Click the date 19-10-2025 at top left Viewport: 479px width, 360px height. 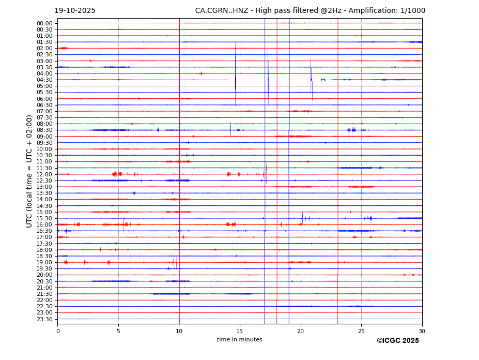click(75, 11)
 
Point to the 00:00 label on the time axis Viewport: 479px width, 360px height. click(44, 23)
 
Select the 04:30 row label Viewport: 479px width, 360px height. click(44, 80)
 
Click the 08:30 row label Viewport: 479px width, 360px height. click(44, 130)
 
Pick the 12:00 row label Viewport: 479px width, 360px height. click(44, 174)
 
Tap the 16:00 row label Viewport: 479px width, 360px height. click(44, 224)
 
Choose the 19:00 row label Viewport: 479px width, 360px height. click(44, 262)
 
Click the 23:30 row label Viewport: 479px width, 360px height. click(44, 319)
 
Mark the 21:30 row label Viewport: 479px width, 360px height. click(44, 294)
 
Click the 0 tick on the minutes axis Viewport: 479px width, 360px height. click(58, 331)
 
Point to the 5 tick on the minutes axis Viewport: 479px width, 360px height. click(118, 331)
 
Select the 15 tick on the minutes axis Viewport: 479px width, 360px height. click(240, 331)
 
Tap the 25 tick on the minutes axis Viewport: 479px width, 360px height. click(361, 331)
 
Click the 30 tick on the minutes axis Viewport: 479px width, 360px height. click(422, 331)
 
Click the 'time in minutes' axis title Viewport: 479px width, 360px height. click(239, 340)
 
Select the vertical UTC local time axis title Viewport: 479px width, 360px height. click(30, 171)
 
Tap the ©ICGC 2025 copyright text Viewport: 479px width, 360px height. click(397, 341)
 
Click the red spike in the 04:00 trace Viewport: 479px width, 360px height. click(201, 73)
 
